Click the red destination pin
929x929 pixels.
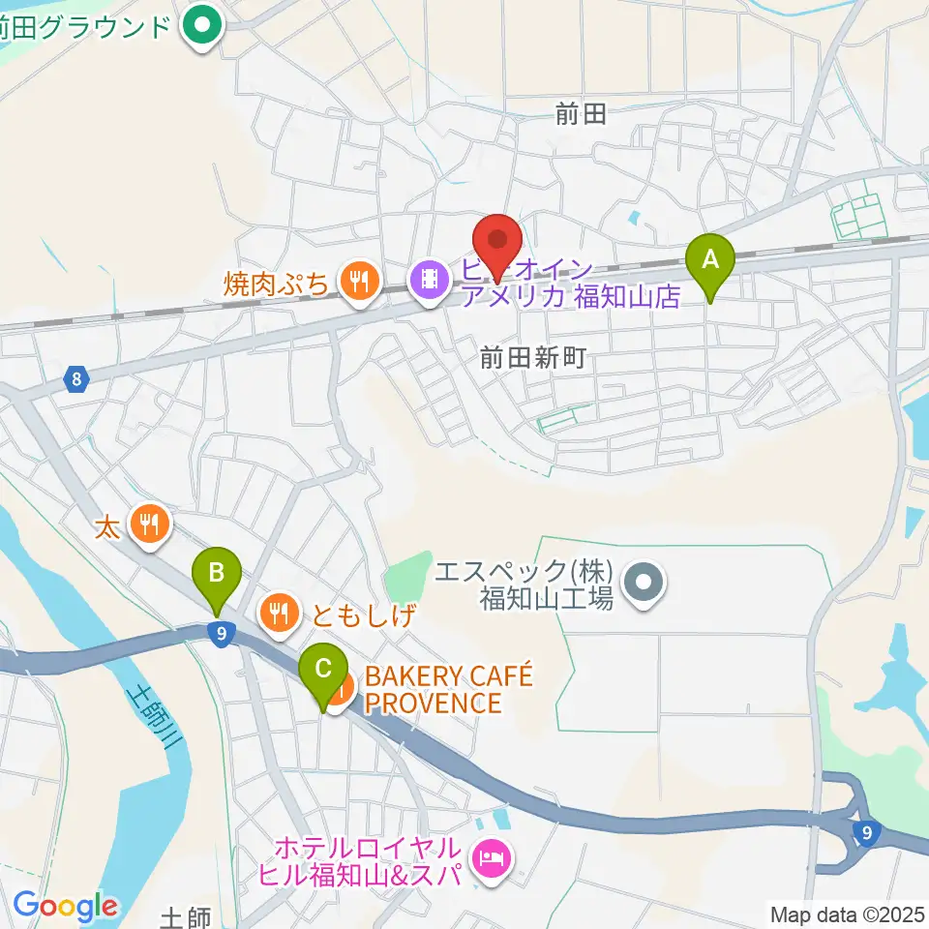coord(497,242)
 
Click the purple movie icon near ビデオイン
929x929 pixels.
coord(429,281)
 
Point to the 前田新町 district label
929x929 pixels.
coord(533,358)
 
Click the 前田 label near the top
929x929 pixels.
coord(581,114)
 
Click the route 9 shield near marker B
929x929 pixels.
coord(222,634)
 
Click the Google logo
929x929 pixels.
coord(65,907)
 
